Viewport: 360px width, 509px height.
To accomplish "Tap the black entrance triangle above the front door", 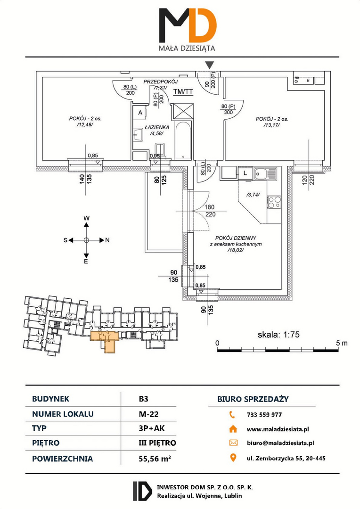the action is tap(210, 65).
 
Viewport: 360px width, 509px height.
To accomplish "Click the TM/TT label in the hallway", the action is tap(183, 92).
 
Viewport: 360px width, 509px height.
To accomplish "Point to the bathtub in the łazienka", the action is tap(183, 140).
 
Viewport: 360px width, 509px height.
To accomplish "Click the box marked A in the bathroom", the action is tap(140, 113).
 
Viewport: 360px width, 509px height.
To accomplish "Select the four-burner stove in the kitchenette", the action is tap(274, 203).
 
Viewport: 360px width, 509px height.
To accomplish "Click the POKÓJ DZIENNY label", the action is tap(236, 238).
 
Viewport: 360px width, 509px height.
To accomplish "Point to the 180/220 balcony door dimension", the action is tap(210, 211).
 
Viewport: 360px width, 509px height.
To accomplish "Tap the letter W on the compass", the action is tap(86, 218).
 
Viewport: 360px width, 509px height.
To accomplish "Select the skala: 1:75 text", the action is tap(278, 334).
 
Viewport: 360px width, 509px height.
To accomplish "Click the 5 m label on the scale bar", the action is tap(342, 343).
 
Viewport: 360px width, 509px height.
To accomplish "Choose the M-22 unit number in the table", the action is tap(148, 414).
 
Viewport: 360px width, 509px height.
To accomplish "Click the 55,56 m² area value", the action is tap(155, 459).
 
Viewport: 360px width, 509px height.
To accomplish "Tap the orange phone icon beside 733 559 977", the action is tap(232, 415).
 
